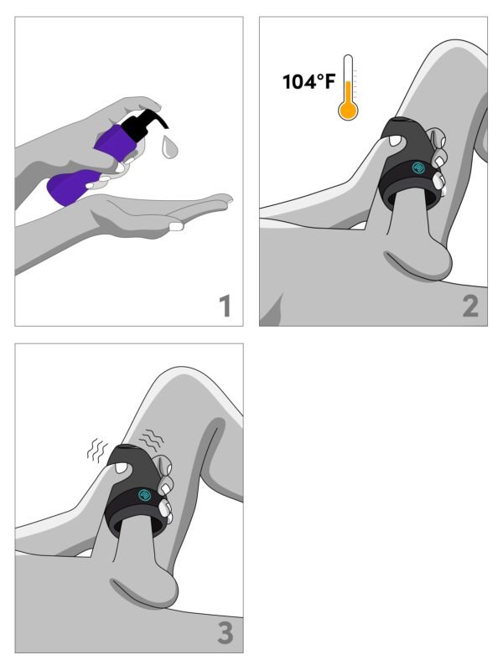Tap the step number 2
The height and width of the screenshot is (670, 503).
tap(470, 306)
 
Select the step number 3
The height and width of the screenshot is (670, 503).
tap(226, 633)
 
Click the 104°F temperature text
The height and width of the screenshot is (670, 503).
tap(309, 81)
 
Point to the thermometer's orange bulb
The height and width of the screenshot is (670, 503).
tap(348, 111)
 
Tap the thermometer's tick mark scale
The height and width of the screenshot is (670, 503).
tap(355, 85)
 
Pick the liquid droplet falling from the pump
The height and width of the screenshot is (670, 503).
tap(169, 147)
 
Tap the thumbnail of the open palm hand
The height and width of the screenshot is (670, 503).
tap(176, 226)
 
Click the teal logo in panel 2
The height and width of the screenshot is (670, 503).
tap(417, 167)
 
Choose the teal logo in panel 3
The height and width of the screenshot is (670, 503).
tap(144, 495)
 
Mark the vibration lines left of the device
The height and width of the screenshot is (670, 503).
tap(97, 450)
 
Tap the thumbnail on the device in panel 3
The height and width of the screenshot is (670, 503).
tap(122, 469)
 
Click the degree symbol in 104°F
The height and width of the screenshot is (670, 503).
tap(320, 77)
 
